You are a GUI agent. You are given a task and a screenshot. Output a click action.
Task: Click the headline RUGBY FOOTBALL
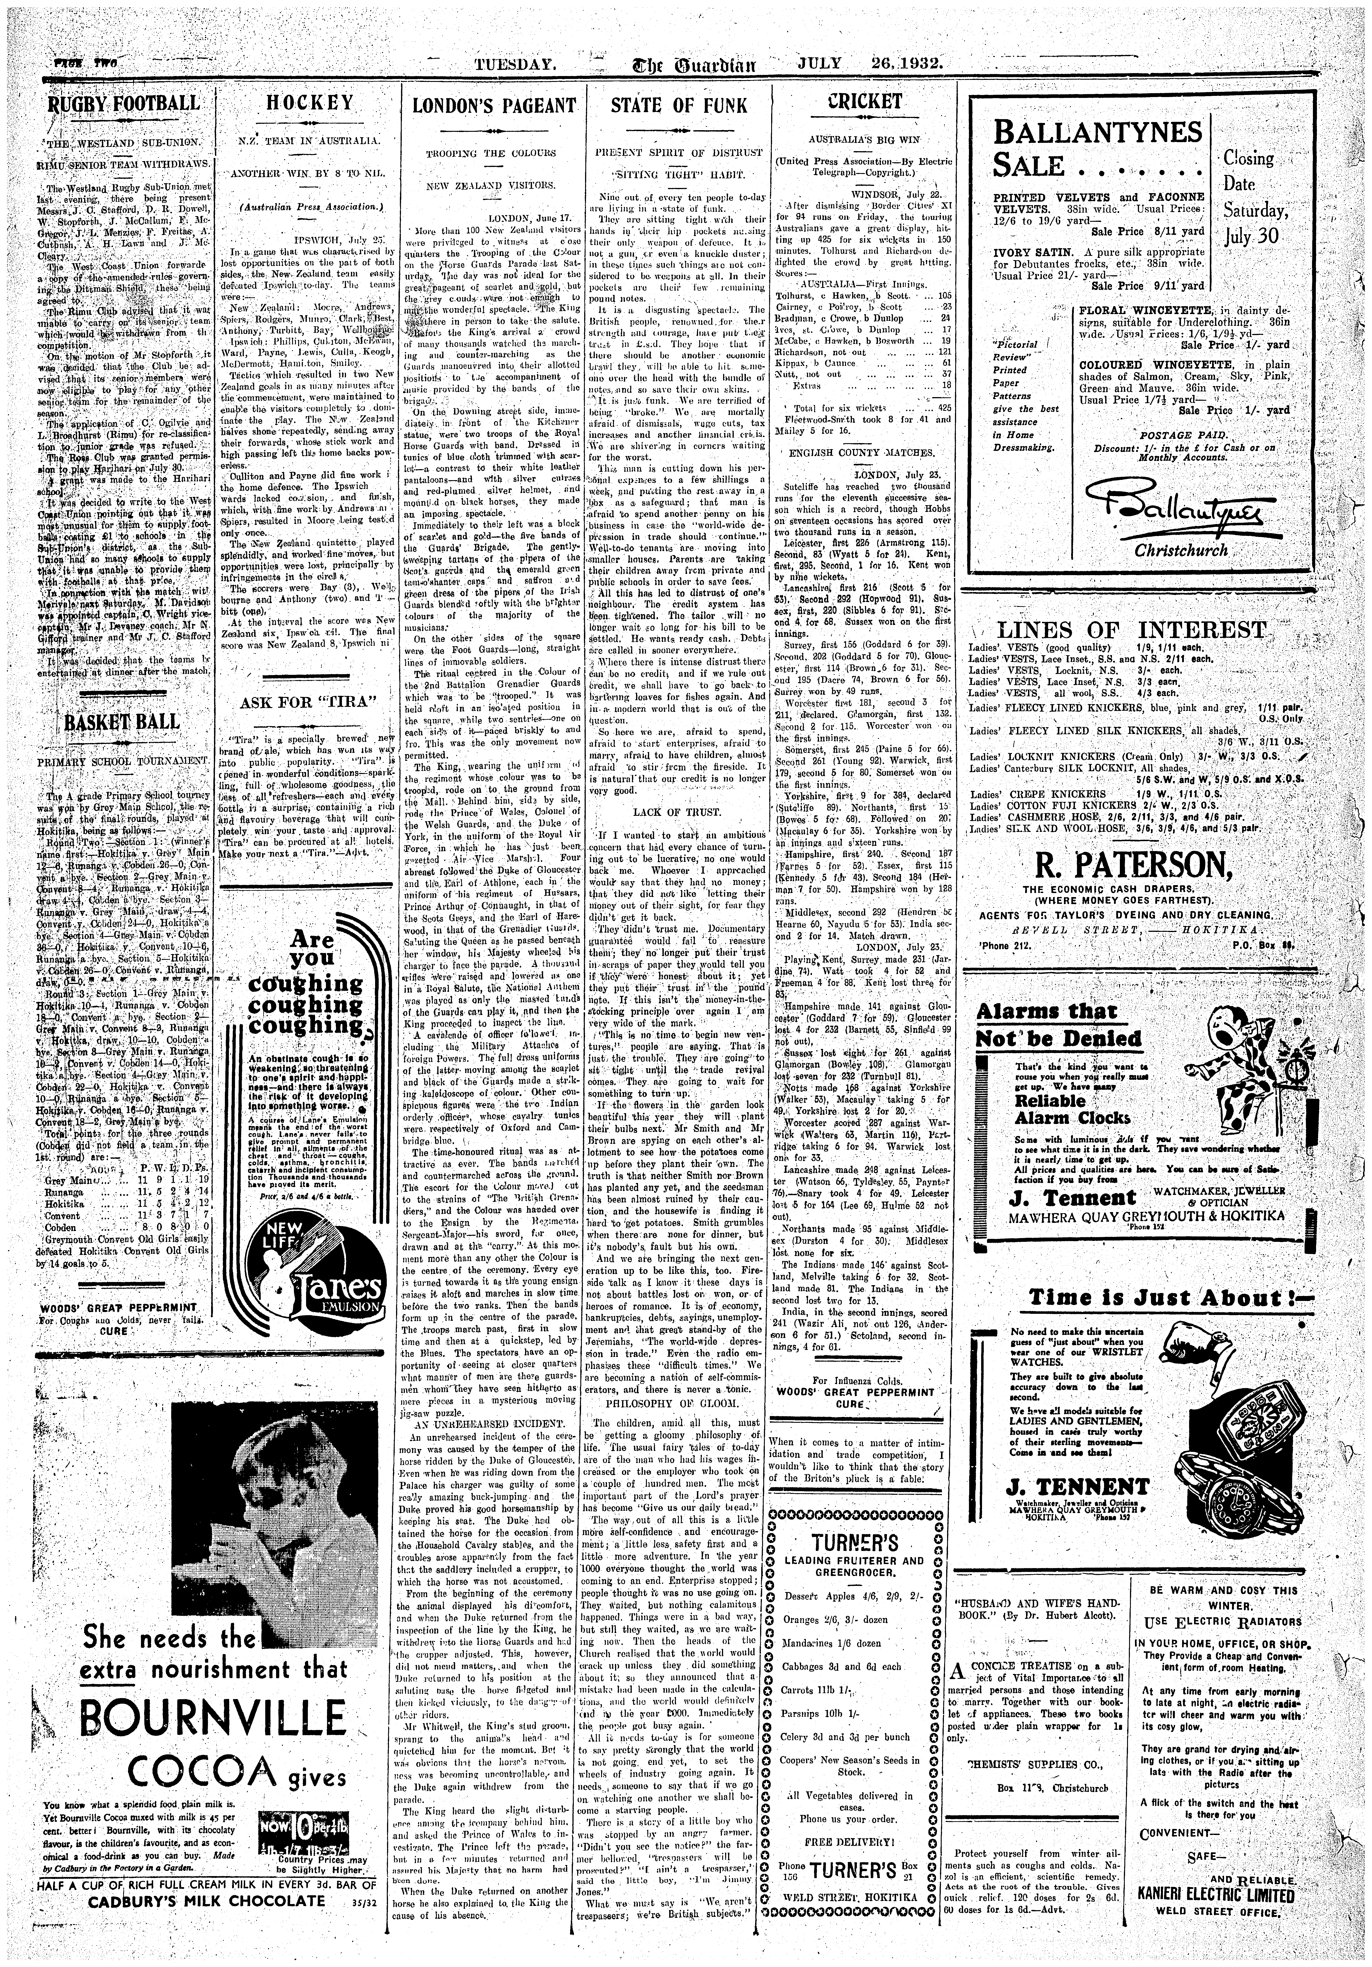[122, 104]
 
